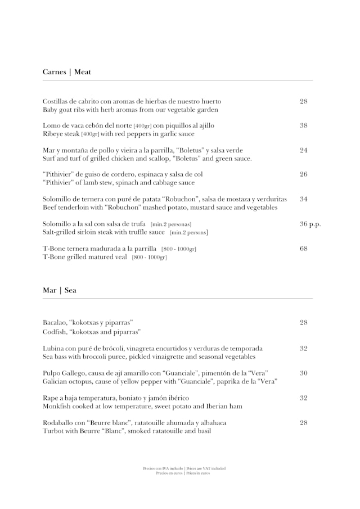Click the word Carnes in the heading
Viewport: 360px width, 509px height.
pos(54,72)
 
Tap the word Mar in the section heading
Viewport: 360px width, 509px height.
pos(49,290)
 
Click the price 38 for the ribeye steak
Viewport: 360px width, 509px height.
pos(304,125)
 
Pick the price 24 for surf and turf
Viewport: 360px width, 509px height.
pos(304,150)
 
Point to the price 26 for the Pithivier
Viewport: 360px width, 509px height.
pos(304,174)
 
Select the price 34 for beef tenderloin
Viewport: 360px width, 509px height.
pos(304,199)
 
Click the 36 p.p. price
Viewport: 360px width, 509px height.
pos(310,224)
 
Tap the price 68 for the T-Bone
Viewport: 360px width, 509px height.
pos(304,248)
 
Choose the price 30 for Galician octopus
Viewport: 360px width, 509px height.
pos(304,373)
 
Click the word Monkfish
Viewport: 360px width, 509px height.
pos(57,406)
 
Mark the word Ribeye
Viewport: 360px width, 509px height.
pos(53,134)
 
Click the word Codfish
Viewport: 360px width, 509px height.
pos(55,332)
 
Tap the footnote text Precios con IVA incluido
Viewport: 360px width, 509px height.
pos(163,468)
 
